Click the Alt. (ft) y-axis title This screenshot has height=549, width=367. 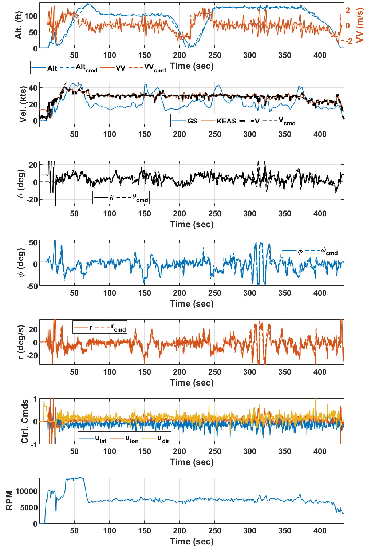19,25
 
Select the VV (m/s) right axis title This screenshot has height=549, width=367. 360,25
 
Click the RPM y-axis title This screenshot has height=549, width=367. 9,501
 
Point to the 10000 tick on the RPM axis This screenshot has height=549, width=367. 26,491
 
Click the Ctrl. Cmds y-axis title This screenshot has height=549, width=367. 24,421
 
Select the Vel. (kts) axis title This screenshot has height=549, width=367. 23,104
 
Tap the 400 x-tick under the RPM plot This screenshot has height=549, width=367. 320,530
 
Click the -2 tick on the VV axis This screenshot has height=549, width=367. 349,41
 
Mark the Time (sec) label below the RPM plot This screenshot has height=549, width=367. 192,541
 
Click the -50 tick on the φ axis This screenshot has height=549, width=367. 32,286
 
